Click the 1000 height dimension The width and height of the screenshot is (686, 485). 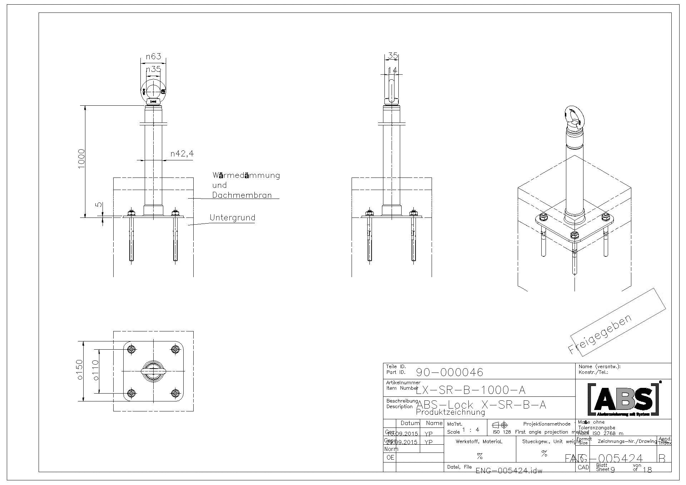(x=81, y=159)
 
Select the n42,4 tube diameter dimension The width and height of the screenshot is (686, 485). (x=182, y=154)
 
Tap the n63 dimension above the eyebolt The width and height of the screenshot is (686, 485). (x=154, y=56)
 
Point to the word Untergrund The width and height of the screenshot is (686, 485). (x=232, y=217)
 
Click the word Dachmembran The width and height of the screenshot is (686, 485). (x=242, y=195)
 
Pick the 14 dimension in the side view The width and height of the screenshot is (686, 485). (x=392, y=70)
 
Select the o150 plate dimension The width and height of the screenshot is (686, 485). (x=79, y=370)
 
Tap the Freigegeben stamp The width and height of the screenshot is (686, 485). (x=600, y=334)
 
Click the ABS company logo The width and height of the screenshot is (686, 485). (x=623, y=399)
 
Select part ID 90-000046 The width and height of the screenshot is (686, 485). (x=449, y=372)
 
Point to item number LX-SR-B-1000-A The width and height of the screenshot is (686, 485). (x=471, y=390)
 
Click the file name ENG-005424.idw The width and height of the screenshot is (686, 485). (x=509, y=470)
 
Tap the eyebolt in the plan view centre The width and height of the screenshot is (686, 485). (x=153, y=370)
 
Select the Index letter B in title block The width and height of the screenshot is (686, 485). (x=662, y=458)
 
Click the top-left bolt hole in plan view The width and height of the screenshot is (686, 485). (x=131, y=349)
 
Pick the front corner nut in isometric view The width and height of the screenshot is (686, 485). (x=574, y=235)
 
